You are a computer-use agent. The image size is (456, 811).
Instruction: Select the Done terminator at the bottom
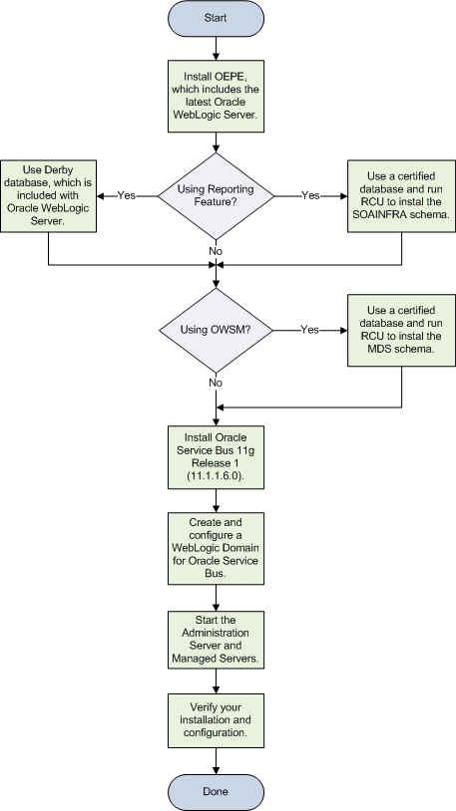click(x=217, y=791)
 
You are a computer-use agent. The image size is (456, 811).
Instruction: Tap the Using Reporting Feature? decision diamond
click(x=217, y=195)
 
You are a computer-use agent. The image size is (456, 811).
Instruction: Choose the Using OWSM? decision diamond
click(x=217, y=329)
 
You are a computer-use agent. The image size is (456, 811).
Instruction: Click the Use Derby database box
click(x=48, y=195)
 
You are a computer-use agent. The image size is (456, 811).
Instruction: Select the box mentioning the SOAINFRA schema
click(x=401, y=195)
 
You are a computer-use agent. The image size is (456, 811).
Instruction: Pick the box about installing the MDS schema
click(x=401, y=329)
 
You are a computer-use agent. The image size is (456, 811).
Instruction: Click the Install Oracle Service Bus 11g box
click(x=217, y=456)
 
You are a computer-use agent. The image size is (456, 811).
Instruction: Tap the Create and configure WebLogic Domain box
click(x=217, y=547)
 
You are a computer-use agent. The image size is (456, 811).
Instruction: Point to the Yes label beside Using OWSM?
click(x=309, y=329)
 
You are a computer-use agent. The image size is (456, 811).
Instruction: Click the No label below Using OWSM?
click(x=217, y=381)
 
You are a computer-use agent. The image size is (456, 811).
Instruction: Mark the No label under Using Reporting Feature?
click(x=217, y=252)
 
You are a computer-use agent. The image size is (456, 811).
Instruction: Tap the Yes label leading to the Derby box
click(x=126, y=195)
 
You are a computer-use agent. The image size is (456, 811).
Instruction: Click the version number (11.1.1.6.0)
click(x=217, y=477)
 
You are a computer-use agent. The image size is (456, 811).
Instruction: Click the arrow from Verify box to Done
click(x=217, y=761)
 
